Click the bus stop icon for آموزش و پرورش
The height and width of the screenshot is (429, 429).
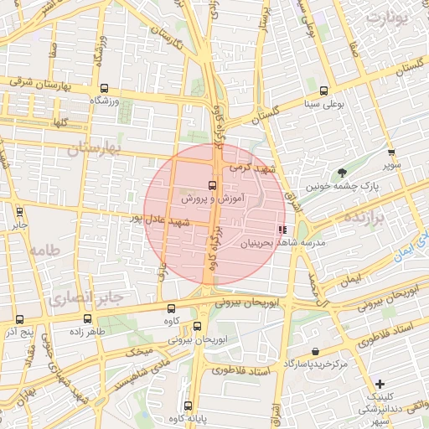pos(211,186)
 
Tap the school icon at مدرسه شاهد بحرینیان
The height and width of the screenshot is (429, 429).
pos(282,229)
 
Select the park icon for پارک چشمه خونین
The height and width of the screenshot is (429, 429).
pos(343,173)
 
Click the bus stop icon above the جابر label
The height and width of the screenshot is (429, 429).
pos(18,212)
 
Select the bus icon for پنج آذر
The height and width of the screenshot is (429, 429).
pos(19,318)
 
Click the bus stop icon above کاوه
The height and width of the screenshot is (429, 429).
pos(172,308)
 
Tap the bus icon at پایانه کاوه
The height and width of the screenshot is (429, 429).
pos(188,406)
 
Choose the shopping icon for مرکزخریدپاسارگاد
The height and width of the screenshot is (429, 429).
pos(314,351)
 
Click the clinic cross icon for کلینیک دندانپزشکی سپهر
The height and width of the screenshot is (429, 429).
pos(380,383)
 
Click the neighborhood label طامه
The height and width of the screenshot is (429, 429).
pos(45,251)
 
